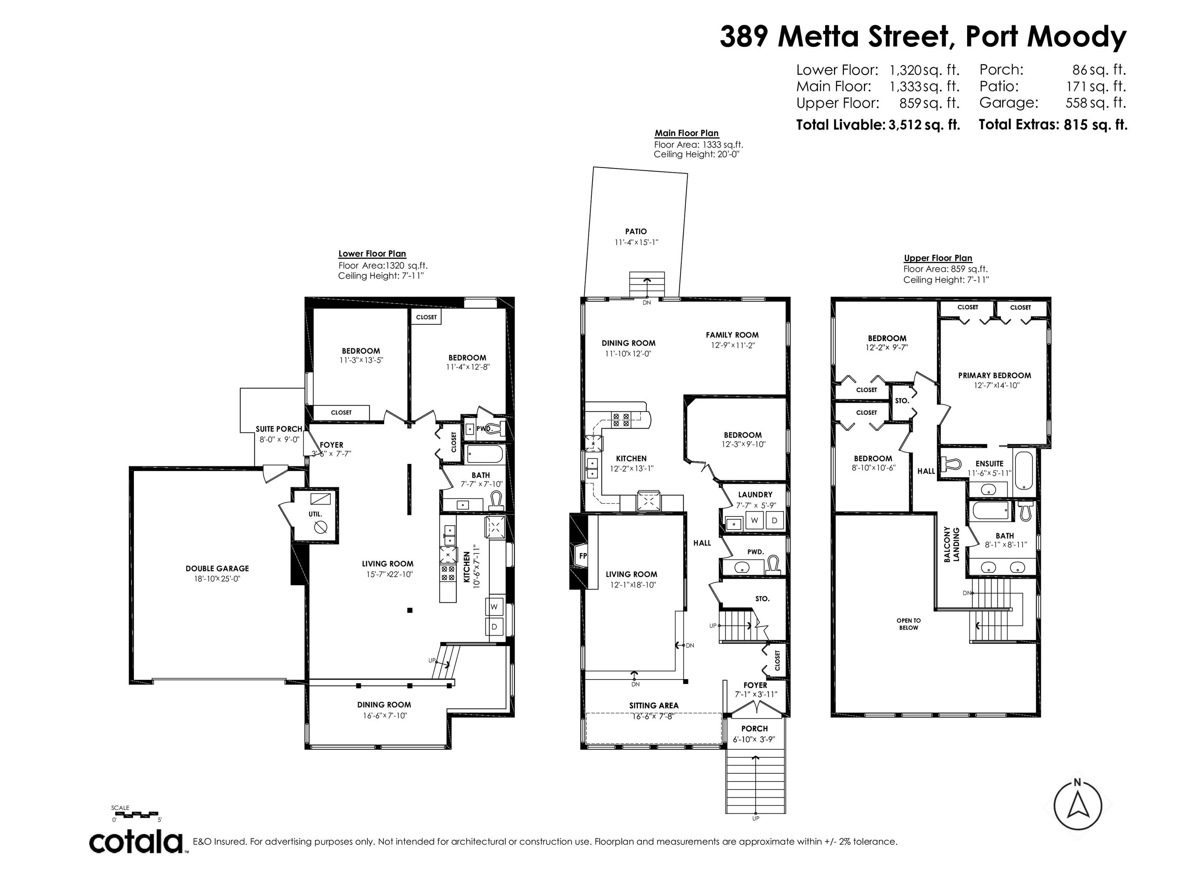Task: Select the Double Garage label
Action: coord(218,569)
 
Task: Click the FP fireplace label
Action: coord(583,556)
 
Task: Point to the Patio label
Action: coord(636,231)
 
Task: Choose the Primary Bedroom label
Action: coord(994,375)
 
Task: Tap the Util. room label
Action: coord(315,514)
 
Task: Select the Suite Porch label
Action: coord(279,429)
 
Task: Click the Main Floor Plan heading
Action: coord(687,133)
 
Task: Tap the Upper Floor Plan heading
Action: coord(938,258)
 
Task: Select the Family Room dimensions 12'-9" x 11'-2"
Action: coord(732,345)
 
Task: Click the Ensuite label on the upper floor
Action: coord(989,463)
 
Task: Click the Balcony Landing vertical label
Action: coord(951,544)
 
